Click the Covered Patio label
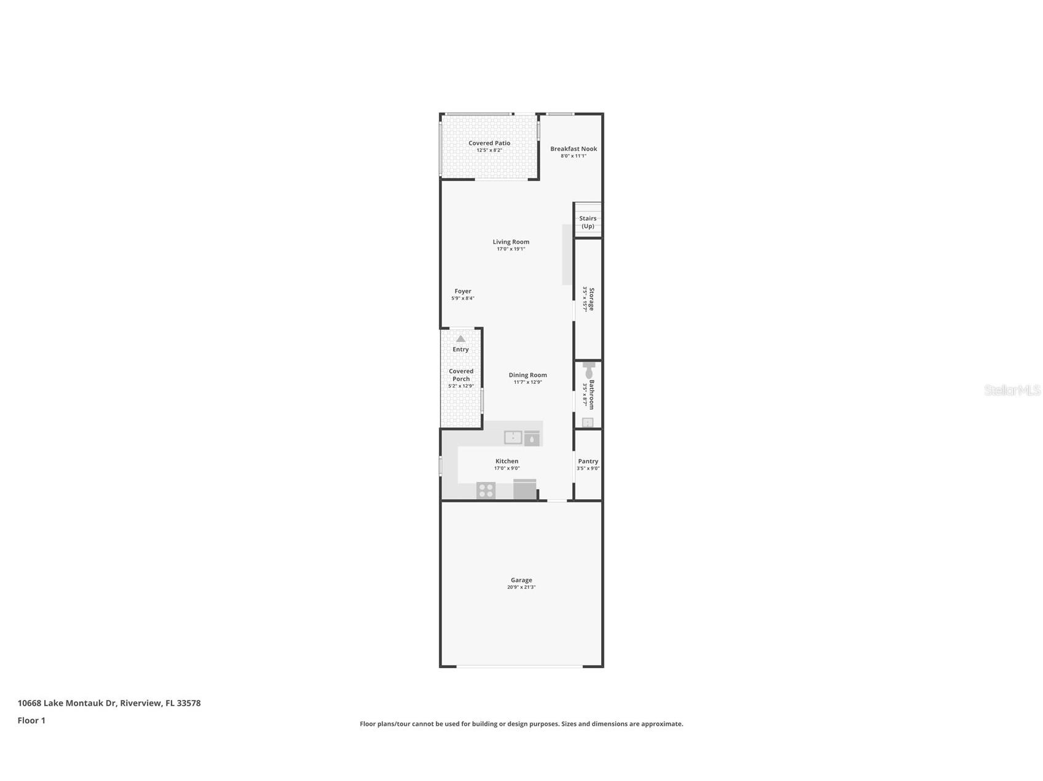(x=489, y=143)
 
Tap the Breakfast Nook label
(x=573, y=149)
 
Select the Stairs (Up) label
(x=588, y=222)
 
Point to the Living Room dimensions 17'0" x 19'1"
(x=511, y=249)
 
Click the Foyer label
(x=463, y=292)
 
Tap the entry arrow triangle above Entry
(x=460, y=339)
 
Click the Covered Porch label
(x=461, y=375)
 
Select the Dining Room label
(x=527, y=375)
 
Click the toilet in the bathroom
(x=589, y=371)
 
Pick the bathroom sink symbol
(x=588, y=422)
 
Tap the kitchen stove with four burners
(x=486, y=491)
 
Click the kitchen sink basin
(x=513, y=437)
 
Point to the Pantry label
(x=588, y=461)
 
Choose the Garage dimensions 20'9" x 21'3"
(x=521, y=588)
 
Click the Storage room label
(x=592, y=299)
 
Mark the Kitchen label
(x=507, y=461)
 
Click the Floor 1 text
(x=31, y=721)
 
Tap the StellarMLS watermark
(x=1012, y=390)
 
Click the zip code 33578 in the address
(x=189, y=703)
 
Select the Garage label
(x=521, y=580)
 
